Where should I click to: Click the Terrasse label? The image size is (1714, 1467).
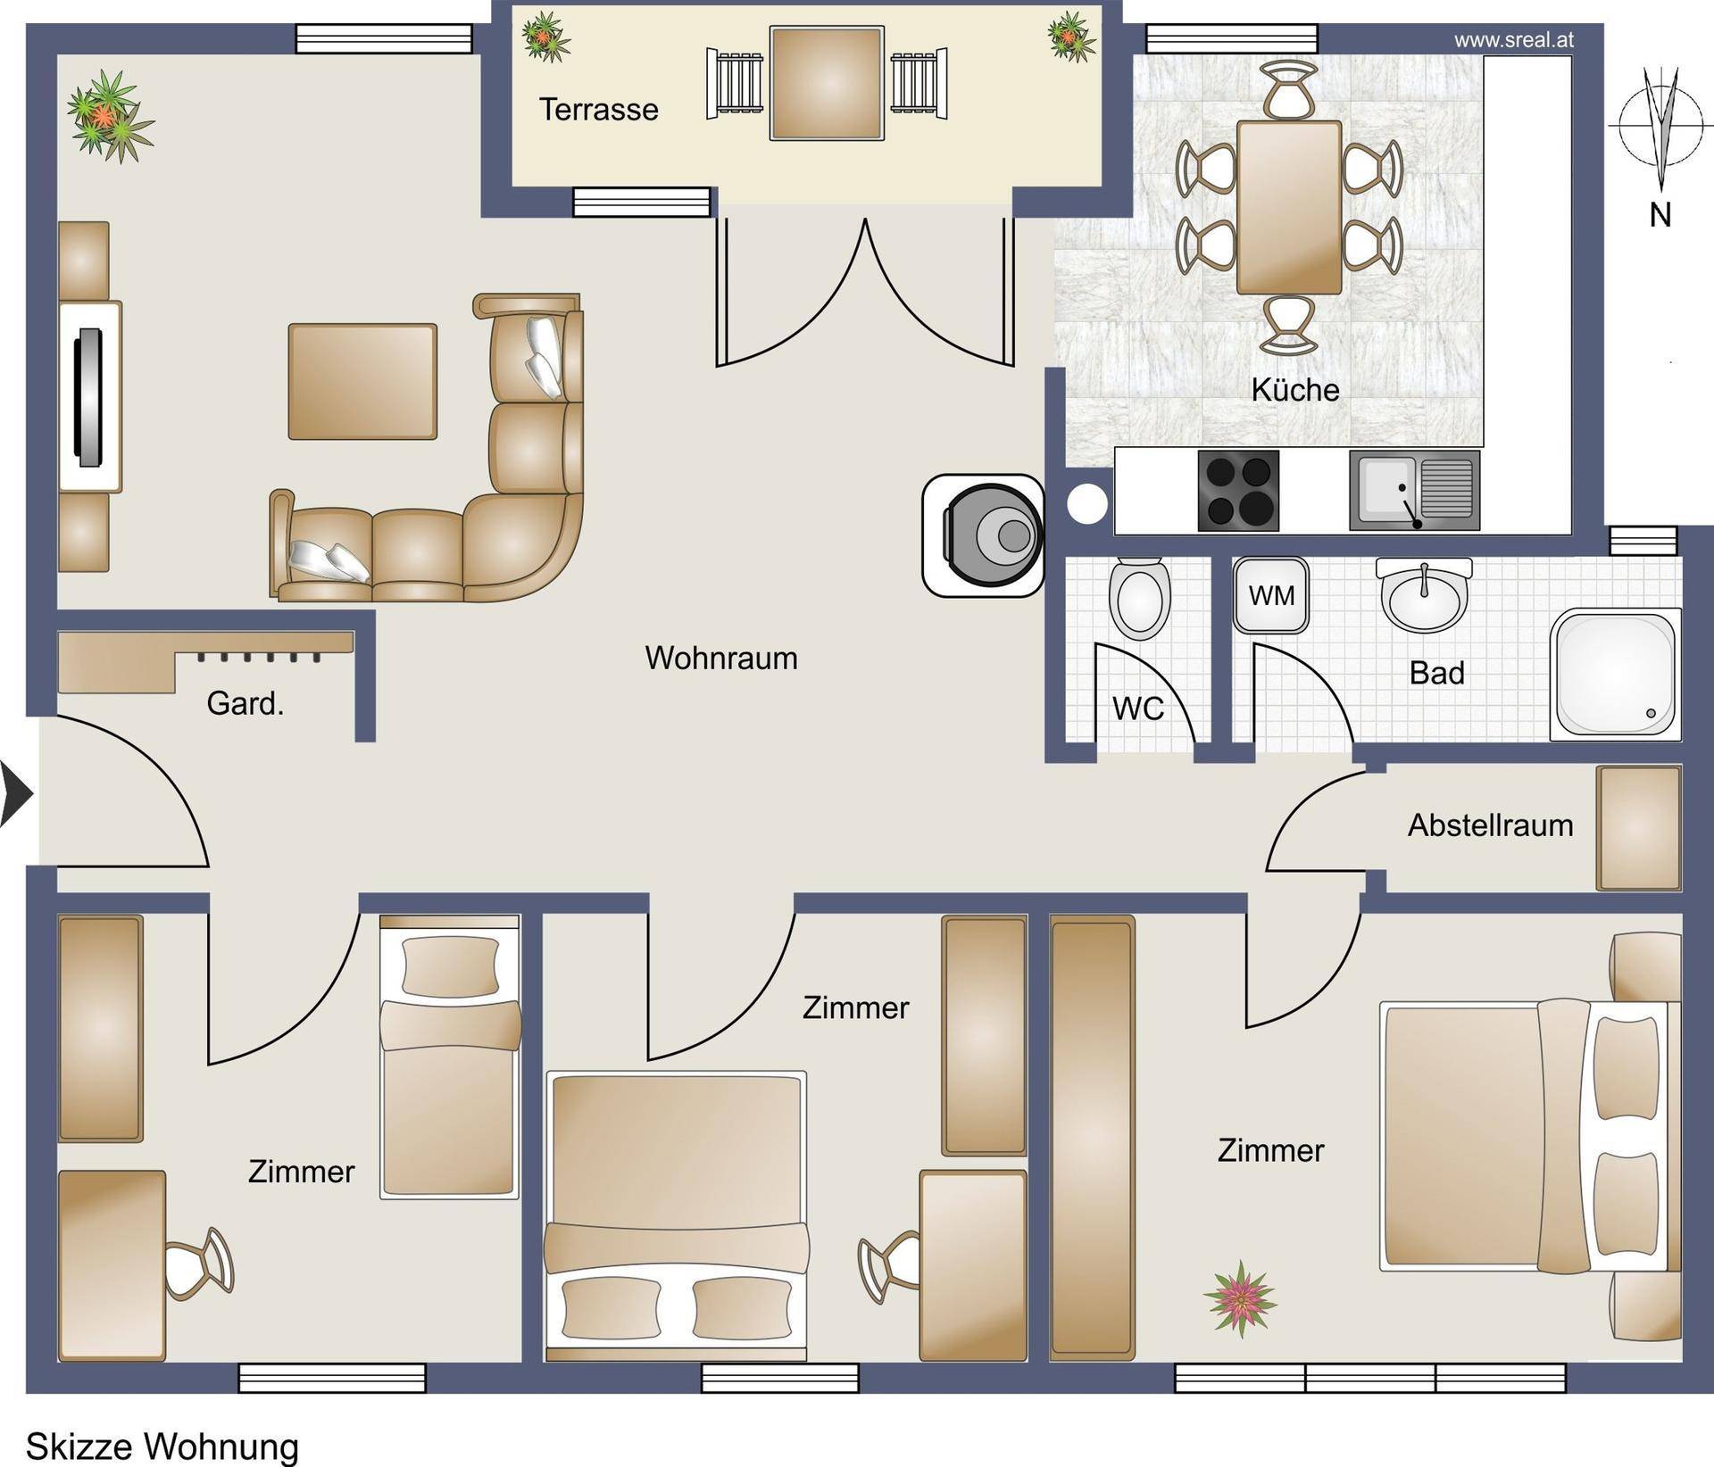(x=599, y=110)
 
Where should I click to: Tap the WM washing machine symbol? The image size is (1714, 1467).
(x=1271, y=595)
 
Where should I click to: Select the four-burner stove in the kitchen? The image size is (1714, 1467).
(x=1238, y=491)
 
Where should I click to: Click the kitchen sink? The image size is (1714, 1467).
(x=1414, y=491)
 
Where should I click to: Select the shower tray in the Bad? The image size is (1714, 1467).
(x=1616, y=675)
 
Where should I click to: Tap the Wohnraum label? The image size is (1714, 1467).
(x=721, y=659)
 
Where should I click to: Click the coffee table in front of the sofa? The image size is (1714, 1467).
(x=362, y=382)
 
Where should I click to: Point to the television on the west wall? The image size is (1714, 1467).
(x=89, y=398)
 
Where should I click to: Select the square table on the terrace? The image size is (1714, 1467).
(x=828, y=84)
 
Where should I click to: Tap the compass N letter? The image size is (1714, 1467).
(x=1660, y=215)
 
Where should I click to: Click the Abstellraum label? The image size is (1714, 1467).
(x=1491, y=825)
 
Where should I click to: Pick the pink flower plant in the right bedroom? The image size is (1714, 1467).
(x=1240, y=1298)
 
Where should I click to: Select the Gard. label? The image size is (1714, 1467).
(x=245, y=704)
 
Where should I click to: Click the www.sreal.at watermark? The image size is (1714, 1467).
(x=1514, y=40)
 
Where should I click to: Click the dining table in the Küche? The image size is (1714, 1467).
(x=1289, y=208)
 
